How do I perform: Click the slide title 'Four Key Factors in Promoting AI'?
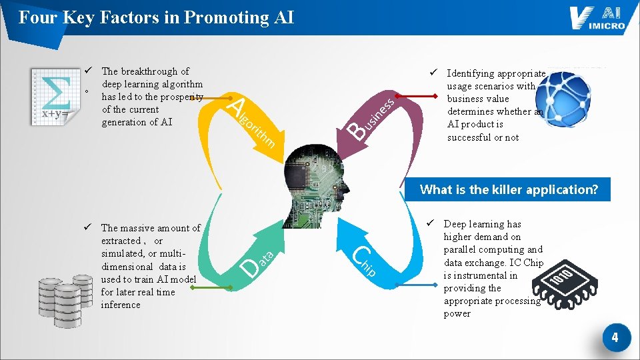pos(156,17)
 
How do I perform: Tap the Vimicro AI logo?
pos(597,19)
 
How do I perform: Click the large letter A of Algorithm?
pos(236,104)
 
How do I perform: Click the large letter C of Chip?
pos(361,255)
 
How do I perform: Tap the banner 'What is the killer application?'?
pos(509,190)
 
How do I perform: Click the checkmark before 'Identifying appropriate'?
pos(433,73)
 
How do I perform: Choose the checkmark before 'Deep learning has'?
pos(431,223)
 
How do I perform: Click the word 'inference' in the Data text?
pos(121,305)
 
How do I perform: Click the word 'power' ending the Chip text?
pos(457,313)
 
